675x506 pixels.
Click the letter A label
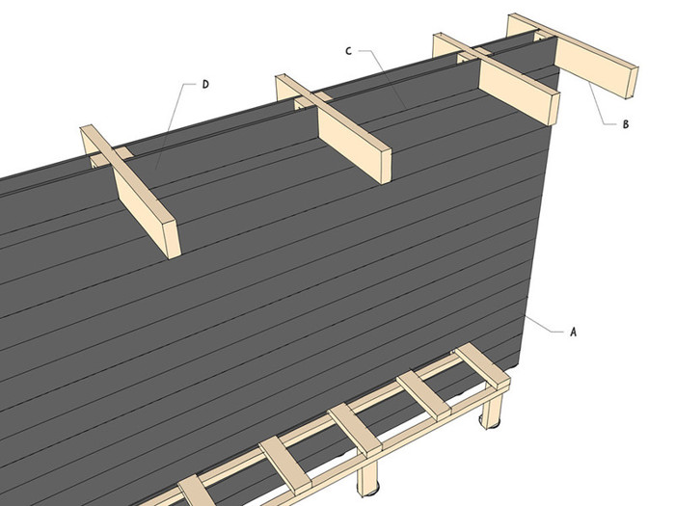[x=573, y=332]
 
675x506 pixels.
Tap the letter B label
[x=626, y=124]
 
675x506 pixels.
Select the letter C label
[x=349, y=51]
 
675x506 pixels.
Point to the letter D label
[x=205, y=85]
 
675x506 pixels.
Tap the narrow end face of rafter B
[x=631, y=83]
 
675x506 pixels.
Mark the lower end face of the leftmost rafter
[x=173, y=239]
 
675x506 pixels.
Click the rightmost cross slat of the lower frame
[x=482, y=365]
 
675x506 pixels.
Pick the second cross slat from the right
[x=424, y=396]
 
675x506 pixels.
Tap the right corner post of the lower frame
[x=492, y=408]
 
